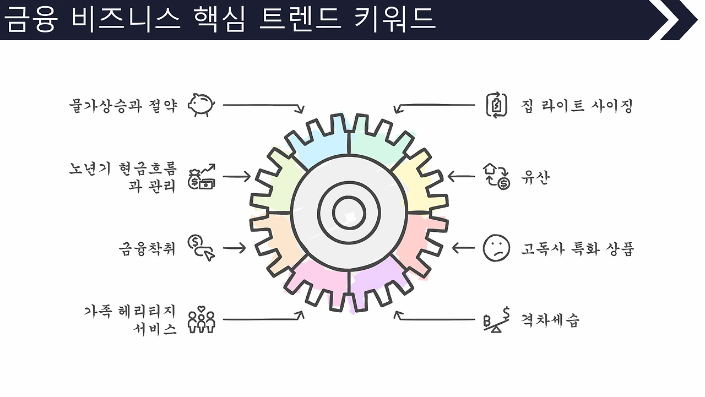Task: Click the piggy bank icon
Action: click(x=202, y=105)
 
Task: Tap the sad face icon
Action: click(x=496, y=248)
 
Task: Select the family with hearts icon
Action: click(x=201, y=320)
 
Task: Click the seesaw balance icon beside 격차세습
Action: click(x=497, y=320)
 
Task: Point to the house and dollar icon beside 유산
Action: click(x=496, y=176)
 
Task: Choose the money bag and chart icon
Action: click(x=202, y=176)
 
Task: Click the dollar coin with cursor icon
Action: click(x=201, y=248)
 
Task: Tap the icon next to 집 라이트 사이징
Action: click(x=496, y=105)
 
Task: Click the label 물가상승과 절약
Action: click(x=123, y=105)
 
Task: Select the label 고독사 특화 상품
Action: click(x=578, y=248)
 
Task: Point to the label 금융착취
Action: click(x=147, y=248)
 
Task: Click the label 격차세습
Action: click(x=550, y=320)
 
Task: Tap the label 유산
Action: click(x=535, y=177)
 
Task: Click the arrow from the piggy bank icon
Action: click(x=263, y=106)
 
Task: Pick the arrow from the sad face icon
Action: click(x=463, y=248)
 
